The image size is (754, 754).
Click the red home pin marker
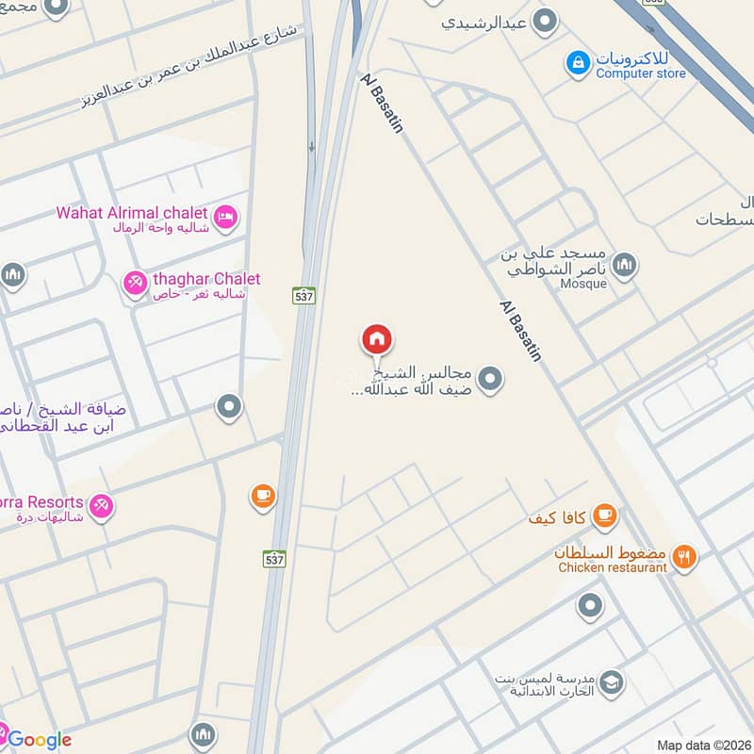[377, 339]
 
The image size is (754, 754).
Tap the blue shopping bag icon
[577, 63]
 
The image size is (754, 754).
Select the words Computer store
[641, 73]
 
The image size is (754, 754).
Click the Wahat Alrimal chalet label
[131, 212]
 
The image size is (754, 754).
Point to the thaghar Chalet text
[207, 279]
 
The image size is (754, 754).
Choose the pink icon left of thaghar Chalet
[136, 282]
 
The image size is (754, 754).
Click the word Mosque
[583, 284]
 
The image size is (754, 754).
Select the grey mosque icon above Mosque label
[623, 267]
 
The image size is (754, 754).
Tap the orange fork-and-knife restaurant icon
[685, 558]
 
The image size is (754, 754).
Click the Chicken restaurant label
[613, 567]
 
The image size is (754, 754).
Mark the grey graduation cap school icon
[612, 681]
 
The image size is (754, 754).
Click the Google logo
[40, 739]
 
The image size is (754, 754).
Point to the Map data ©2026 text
[703, 746]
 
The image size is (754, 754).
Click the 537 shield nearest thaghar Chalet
[303, 294]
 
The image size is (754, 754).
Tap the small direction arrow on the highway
[312, 147]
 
